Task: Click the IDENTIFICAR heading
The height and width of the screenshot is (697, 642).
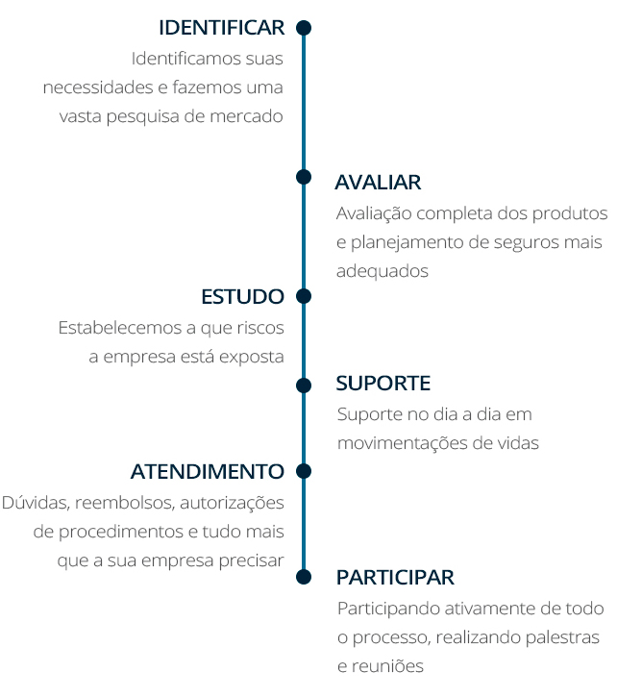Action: click(221, 27)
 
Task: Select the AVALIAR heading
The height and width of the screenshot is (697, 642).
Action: click(378, 182)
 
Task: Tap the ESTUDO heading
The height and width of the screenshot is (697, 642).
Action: click(242, 295)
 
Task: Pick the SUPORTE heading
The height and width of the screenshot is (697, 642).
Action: click(383, 384)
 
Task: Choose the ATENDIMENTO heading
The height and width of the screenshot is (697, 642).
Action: click(208, 471)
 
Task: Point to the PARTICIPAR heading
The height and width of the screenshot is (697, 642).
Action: click(395, 578)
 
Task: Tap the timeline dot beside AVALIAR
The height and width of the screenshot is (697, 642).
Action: click(304, 177)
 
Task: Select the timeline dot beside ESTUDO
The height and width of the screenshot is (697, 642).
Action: click(304, 295)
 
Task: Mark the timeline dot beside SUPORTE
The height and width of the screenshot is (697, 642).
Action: click(304, 386)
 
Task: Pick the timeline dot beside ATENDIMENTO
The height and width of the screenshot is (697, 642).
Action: click(304, 471)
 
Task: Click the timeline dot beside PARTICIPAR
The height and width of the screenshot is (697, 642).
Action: click(304, 576)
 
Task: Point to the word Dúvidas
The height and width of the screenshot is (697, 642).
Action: click(32, 503)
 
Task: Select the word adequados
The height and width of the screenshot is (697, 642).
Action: click(382, 271)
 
